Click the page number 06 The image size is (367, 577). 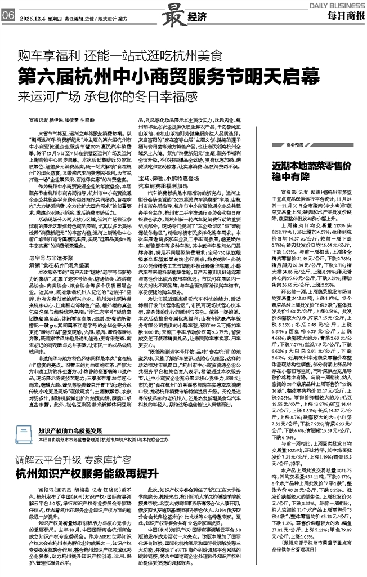click(x=8, y=16)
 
